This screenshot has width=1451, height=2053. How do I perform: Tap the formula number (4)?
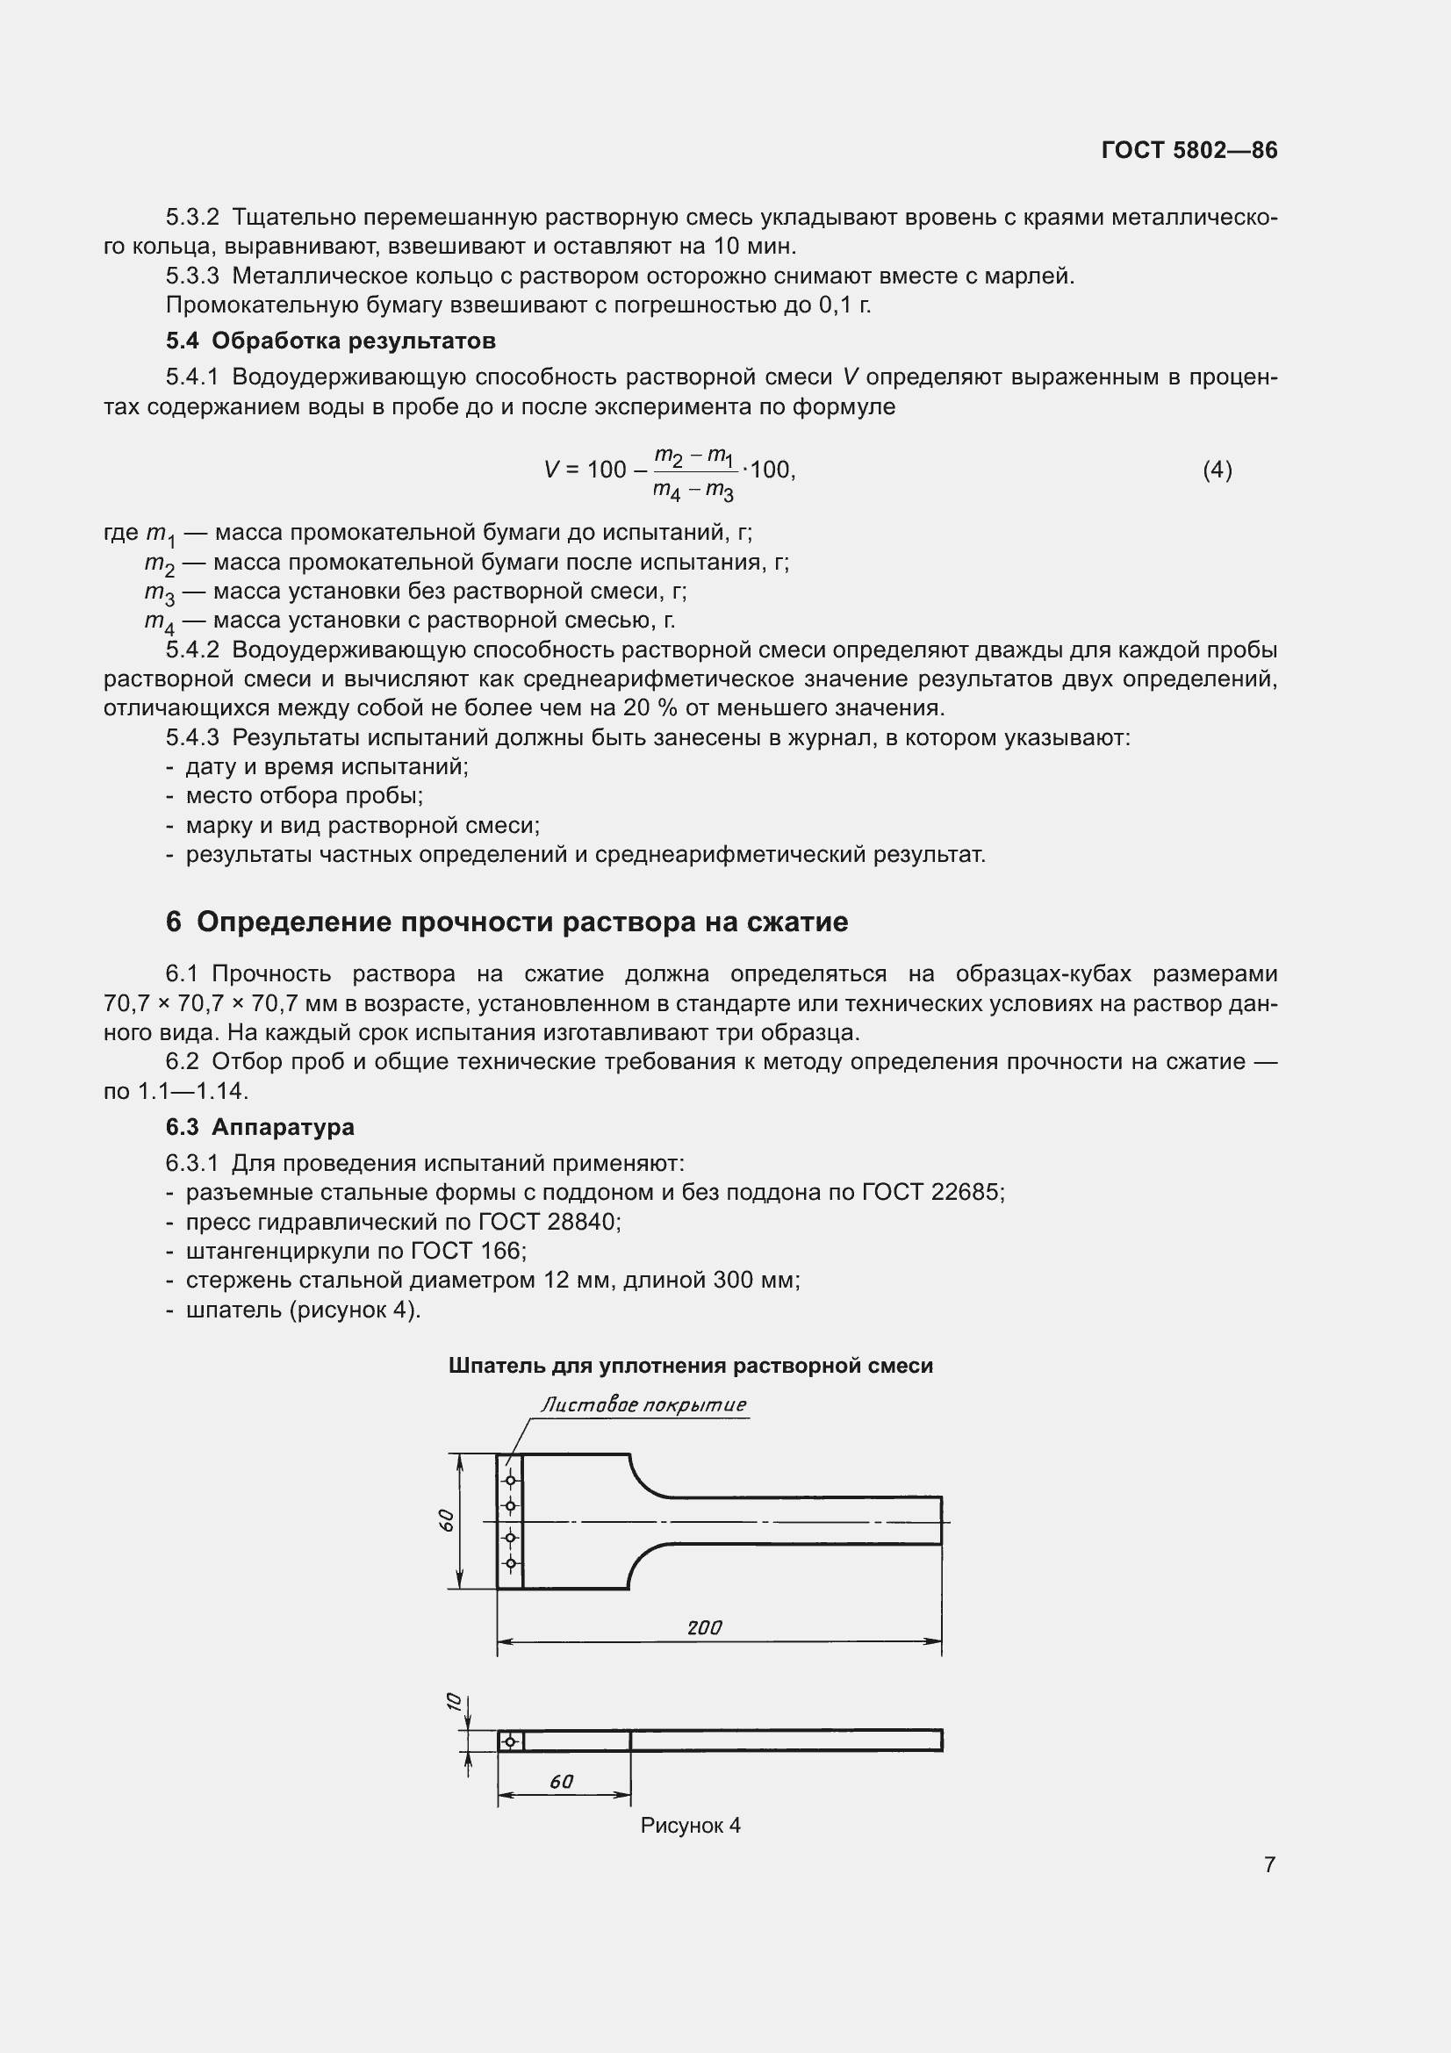(x=1217, y=470)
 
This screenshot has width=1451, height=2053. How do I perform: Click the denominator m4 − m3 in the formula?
(x=693, y=491)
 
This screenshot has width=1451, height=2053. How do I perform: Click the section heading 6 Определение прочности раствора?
(x=506, y=922)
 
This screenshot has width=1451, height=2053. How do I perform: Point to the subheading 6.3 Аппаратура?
(x=259, y=1127)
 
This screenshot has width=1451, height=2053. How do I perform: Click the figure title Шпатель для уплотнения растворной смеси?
(x=690, y=1366)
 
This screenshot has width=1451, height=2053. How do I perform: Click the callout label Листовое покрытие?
(x=643, y=1404)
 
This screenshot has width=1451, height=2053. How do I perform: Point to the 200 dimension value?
(x=705, y=1627)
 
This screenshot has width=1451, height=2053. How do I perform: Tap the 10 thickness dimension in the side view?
(x=453, y=1701)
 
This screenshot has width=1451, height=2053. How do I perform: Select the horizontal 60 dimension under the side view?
(x=561, y=1781)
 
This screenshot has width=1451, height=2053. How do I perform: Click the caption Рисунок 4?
(x=690, y=1825)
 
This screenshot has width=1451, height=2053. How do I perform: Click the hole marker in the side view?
(x=511, y=1741)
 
